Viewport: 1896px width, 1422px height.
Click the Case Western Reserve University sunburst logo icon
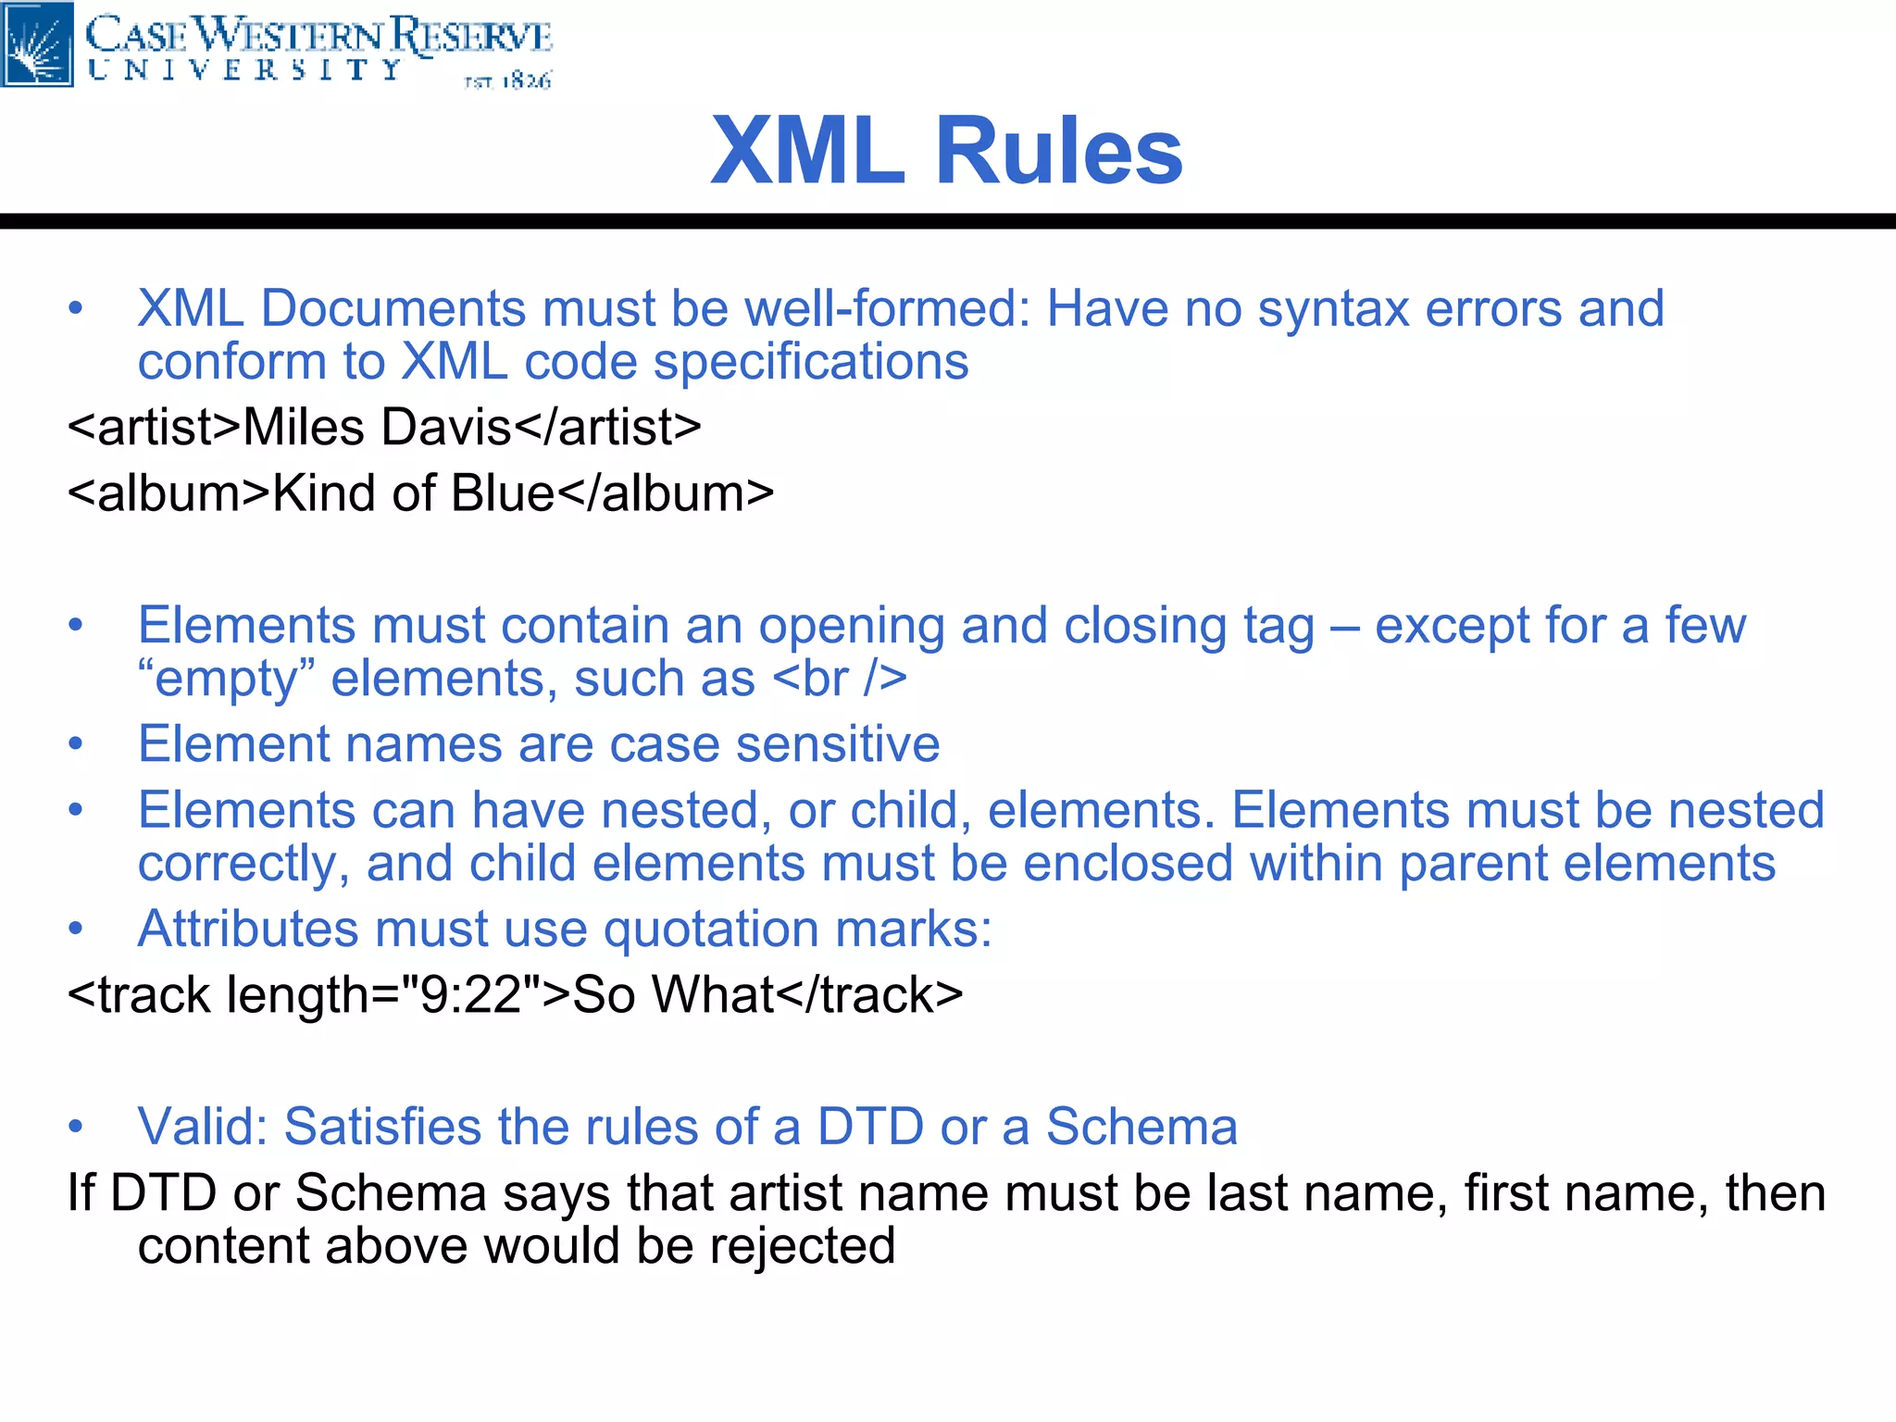37,44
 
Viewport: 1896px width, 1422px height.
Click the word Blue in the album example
502,493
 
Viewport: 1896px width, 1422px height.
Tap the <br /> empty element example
839,679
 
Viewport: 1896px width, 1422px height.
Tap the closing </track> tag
869,995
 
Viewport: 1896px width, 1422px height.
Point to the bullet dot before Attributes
76,929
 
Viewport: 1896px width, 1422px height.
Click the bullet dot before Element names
76,744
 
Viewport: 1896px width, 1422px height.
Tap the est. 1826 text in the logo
507,81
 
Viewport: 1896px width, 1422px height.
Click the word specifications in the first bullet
811,362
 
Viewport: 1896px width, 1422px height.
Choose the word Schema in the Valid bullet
1141,1127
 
